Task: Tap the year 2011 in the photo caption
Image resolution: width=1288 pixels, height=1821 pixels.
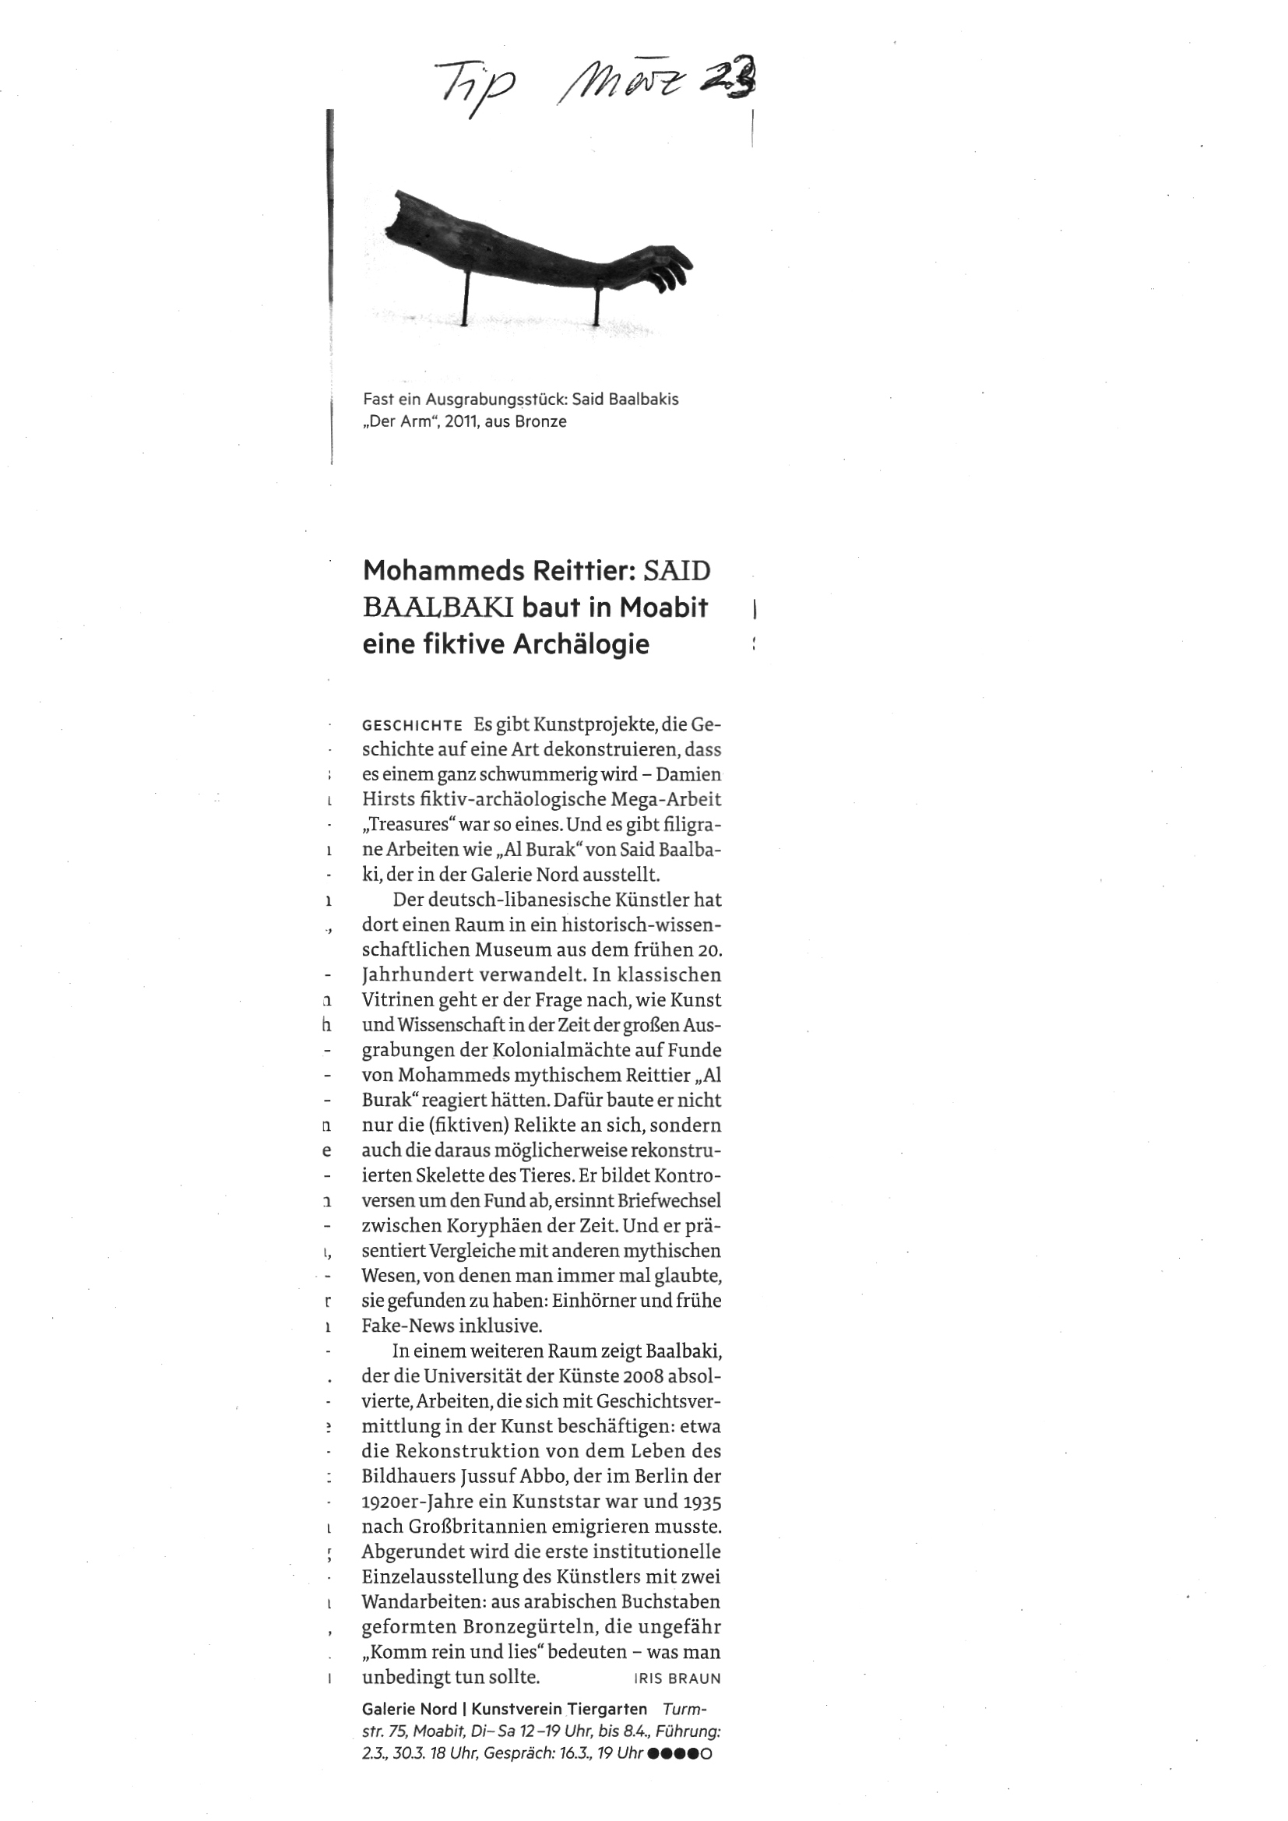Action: [x=461, y=421]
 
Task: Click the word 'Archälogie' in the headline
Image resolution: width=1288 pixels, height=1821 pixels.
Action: [x=581, y=644]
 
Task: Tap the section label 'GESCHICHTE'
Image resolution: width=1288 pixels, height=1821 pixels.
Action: [x=412, y=725]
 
